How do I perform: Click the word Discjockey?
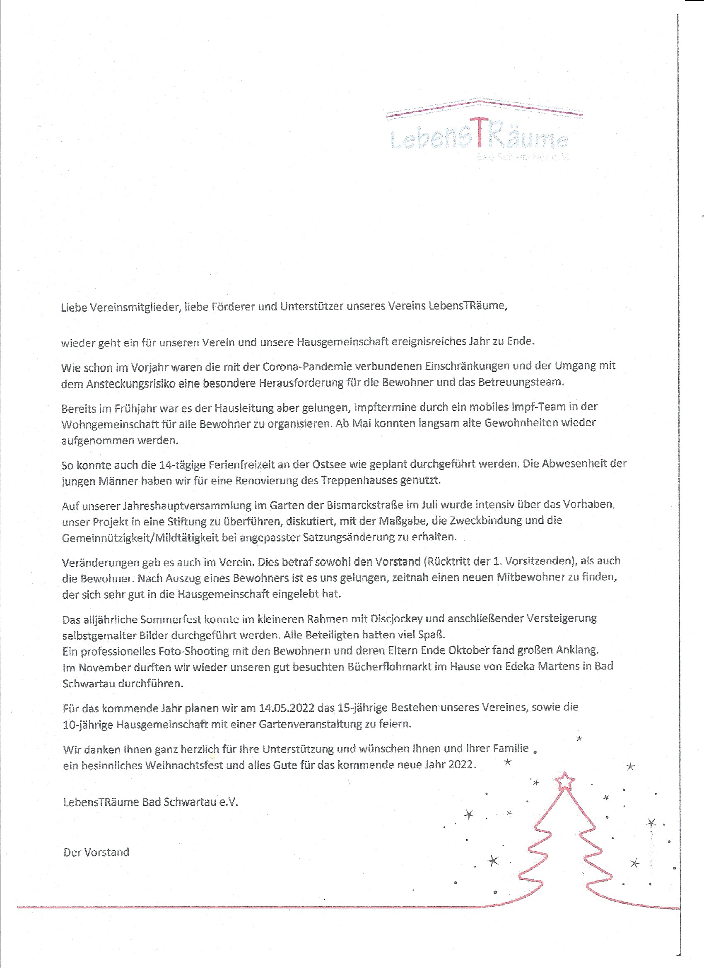point(400,619)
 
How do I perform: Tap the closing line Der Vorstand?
point(96,852)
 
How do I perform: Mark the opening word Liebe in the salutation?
point(74,307)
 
